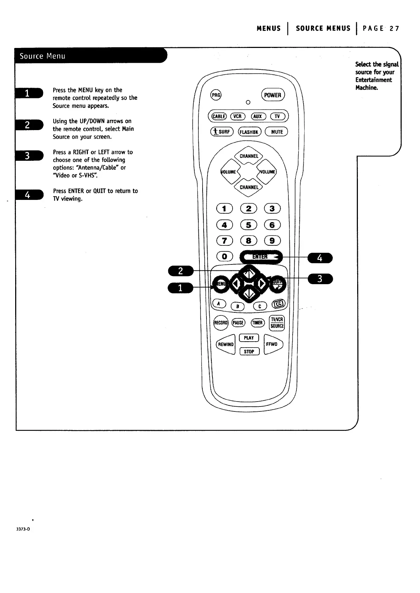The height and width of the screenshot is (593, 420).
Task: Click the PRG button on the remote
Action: pos(216,95)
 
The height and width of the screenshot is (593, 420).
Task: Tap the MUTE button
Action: pos(277,132)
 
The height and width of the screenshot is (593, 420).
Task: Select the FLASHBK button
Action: pos(250,132)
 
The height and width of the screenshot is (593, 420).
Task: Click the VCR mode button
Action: pos(238,116)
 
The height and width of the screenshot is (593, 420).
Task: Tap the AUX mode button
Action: pos(258,116)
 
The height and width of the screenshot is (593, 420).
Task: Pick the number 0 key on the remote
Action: pos(224,257)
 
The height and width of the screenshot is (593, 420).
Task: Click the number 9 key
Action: pos(272,241)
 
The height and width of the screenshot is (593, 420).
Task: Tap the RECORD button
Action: pos(221,323)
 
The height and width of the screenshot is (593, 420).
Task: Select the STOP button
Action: pos(249,351)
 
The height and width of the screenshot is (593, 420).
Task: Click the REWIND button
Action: pos(226,344)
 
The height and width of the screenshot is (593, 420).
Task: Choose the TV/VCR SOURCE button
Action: pos(277,323)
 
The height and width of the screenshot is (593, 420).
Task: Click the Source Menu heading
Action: pos(42,56)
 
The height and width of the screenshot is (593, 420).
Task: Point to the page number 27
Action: pos(395,29)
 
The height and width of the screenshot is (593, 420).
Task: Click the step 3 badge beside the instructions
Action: pos(28,155)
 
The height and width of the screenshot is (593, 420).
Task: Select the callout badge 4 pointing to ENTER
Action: pos(320,258)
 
